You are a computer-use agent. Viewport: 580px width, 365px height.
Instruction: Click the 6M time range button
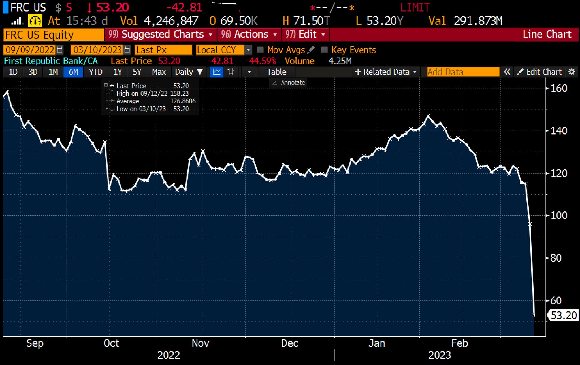pyautogui.click(x=73, y=72)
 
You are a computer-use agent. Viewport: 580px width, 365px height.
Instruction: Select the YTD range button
pyautogui.click(x=96, y=72)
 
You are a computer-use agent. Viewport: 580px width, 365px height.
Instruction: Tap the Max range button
pyautogui.click(x=159, y=72)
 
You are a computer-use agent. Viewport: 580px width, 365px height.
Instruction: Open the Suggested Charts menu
pyautogui.click(x=160, y=35)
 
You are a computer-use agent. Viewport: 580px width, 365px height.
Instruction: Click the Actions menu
pyautogui.click(x=249, y=35)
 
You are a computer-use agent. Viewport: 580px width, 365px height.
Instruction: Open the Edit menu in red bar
pyautogui.click(x=305, y=35)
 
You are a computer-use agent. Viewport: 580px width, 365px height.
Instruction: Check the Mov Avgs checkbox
pyautogui.click(x=260, y=50)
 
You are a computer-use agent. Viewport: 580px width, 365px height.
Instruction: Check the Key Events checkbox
pyautogui.click(x=325, y=50)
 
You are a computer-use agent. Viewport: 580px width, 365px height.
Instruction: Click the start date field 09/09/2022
pyautogui.click(x=30, y=50)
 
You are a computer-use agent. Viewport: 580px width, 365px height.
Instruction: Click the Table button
pyautogui.click(x=276, y=72)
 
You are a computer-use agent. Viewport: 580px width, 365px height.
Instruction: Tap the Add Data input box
pyautogui.click(x=463, y=72)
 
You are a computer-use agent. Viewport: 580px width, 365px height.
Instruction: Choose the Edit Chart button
pyautogui.click(x=540, y=72)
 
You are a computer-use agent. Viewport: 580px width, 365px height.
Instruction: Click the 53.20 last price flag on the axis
pyautogui.click(x=563, y=315)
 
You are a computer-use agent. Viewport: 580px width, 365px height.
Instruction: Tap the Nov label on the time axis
pyautogui.click(x=200, y=343)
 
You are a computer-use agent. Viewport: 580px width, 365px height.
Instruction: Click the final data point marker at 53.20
pyautogui.click(x=534, y=315)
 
